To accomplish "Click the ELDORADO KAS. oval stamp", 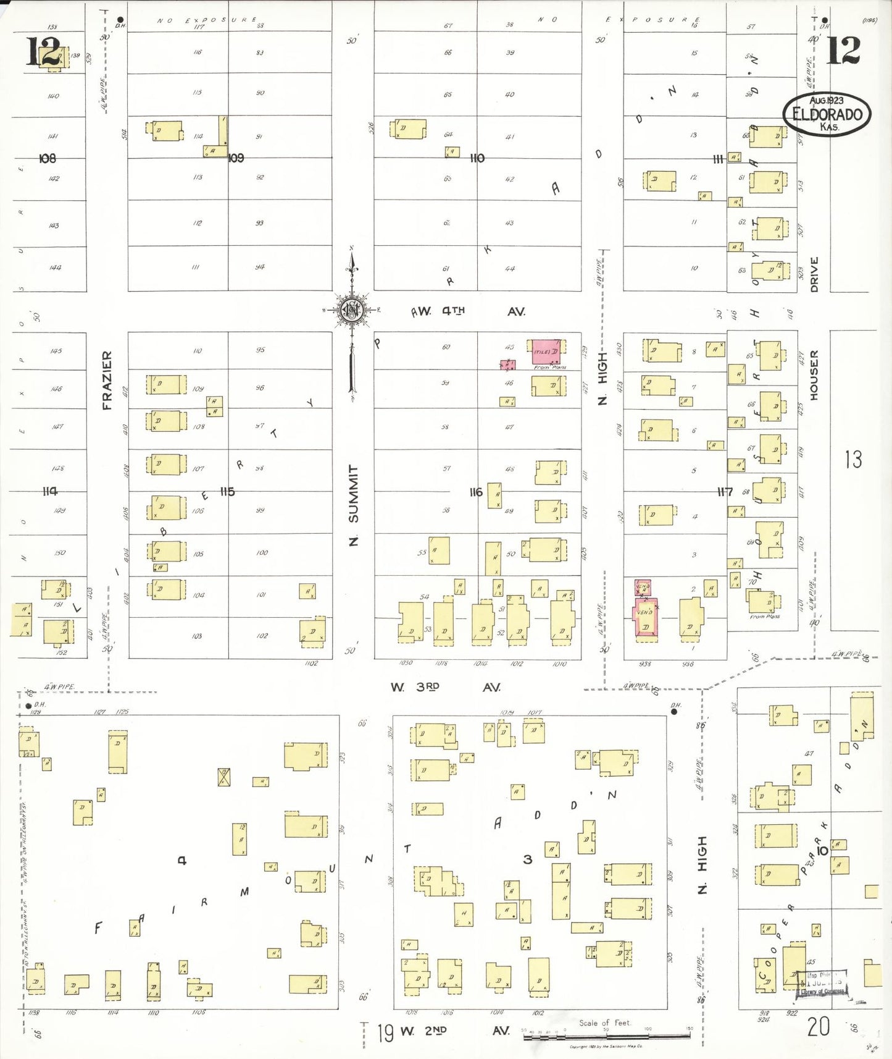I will [x=827, y=114].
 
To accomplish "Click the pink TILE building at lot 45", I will [x=546, y=352].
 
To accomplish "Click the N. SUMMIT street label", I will [x=353, y=505].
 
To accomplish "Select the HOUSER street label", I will [x=814, y=375].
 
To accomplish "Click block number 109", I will [x=236, y=158].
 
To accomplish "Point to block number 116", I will [x=475, y=492].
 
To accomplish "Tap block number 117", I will [x=725, y=492].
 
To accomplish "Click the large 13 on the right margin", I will [x=853, y=459].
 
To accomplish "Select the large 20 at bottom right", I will [x=818, y=1026].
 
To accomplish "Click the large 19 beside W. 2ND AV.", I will [x=385, y=1032].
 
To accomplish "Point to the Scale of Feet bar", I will [x=607, y=1036].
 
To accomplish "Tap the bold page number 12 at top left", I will [x=43, y=51].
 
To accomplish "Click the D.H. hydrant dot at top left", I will [x=120, y=20].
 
